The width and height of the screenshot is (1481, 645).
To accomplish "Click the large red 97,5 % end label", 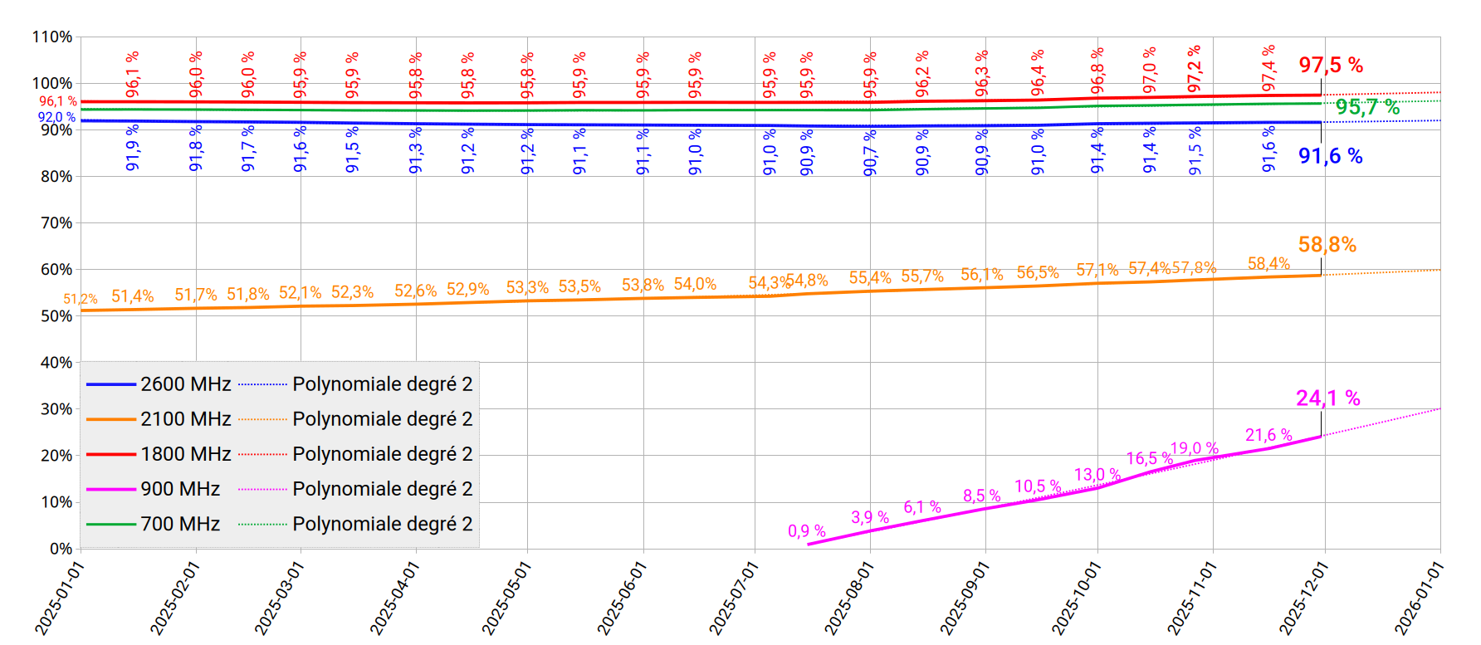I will click(x=1331, y=65).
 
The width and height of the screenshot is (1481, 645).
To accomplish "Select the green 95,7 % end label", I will click(x=1367, y=107).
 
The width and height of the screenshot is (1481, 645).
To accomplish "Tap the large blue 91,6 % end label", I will click(x=1330, y=156).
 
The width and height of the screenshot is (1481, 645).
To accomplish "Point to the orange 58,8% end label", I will click(x=1327, y=245).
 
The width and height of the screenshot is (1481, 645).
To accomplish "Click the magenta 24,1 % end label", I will click(x=1327, y=398).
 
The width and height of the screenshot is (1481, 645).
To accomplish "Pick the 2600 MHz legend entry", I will click(x=185, y=384).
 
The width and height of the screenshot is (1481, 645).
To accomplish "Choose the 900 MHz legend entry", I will click(x=179, y=489).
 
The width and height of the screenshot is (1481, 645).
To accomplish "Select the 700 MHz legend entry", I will click(x=179, y=524).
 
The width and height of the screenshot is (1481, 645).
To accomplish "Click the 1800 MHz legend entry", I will click(x=185, y=454).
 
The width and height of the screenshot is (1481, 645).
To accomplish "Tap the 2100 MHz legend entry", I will click(x=185, y=419).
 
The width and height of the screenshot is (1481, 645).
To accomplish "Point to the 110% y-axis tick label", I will click(x=52, y=37).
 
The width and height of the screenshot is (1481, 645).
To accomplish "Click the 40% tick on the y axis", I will click(x=56, y=363).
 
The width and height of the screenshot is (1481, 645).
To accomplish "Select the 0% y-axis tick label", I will click(x=61, y=549).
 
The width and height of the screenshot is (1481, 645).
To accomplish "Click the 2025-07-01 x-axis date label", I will click(x=734, y=597).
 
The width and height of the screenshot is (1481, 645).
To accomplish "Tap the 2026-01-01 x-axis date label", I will click(x=1420, y=597).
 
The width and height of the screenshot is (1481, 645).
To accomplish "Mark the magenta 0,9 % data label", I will click(x=806, y=531).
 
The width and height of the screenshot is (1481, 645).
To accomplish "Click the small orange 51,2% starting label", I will click(x=81, y=299).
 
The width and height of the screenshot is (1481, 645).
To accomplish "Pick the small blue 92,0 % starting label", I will click(x=56, y=118).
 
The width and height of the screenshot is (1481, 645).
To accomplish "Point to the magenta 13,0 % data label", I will click(x=1097, y=475).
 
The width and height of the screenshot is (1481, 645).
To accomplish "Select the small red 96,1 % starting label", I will click(x=57, y=101).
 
